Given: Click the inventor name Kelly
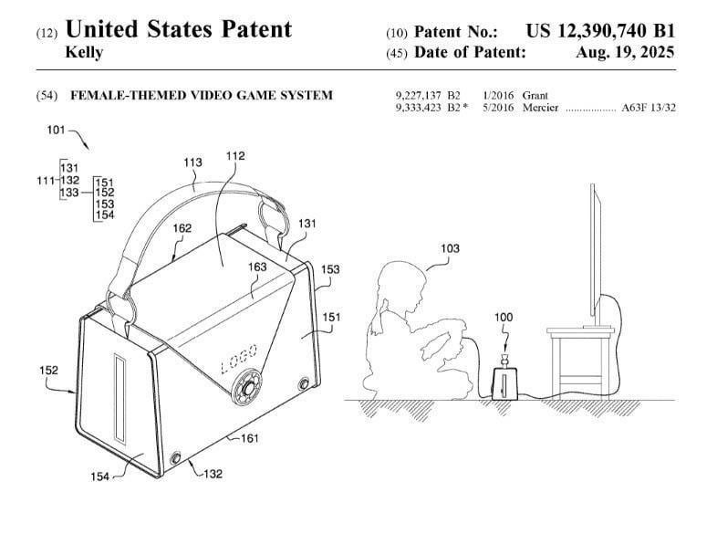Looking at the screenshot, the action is [84, 52].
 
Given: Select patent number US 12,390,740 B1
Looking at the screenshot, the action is [600, 31].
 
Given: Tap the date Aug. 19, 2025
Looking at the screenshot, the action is [625, 52].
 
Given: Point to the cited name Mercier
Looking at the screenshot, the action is [541, 108].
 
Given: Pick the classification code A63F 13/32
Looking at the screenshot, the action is [649, 108].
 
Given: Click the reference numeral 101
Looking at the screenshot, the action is [57, 130].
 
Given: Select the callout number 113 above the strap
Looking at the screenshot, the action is [192, 162].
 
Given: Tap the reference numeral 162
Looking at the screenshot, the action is [182, 228].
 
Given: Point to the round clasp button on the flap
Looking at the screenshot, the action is [247, 388].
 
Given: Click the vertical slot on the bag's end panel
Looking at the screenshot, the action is [119, 399].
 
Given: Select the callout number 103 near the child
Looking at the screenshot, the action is [450, 248].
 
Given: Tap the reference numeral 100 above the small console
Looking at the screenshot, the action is [504, 317].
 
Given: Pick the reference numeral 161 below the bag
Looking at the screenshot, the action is [250, 438].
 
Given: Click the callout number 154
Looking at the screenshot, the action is [99, 476].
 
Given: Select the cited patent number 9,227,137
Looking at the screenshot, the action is [419, 96].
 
